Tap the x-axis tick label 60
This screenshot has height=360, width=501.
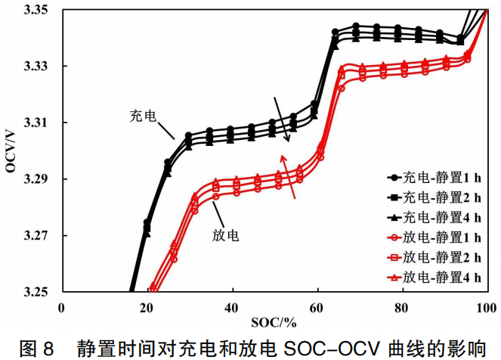317,307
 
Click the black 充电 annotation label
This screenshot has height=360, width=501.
143,116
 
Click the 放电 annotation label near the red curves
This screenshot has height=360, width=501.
226,235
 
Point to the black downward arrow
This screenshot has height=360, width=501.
281,119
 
